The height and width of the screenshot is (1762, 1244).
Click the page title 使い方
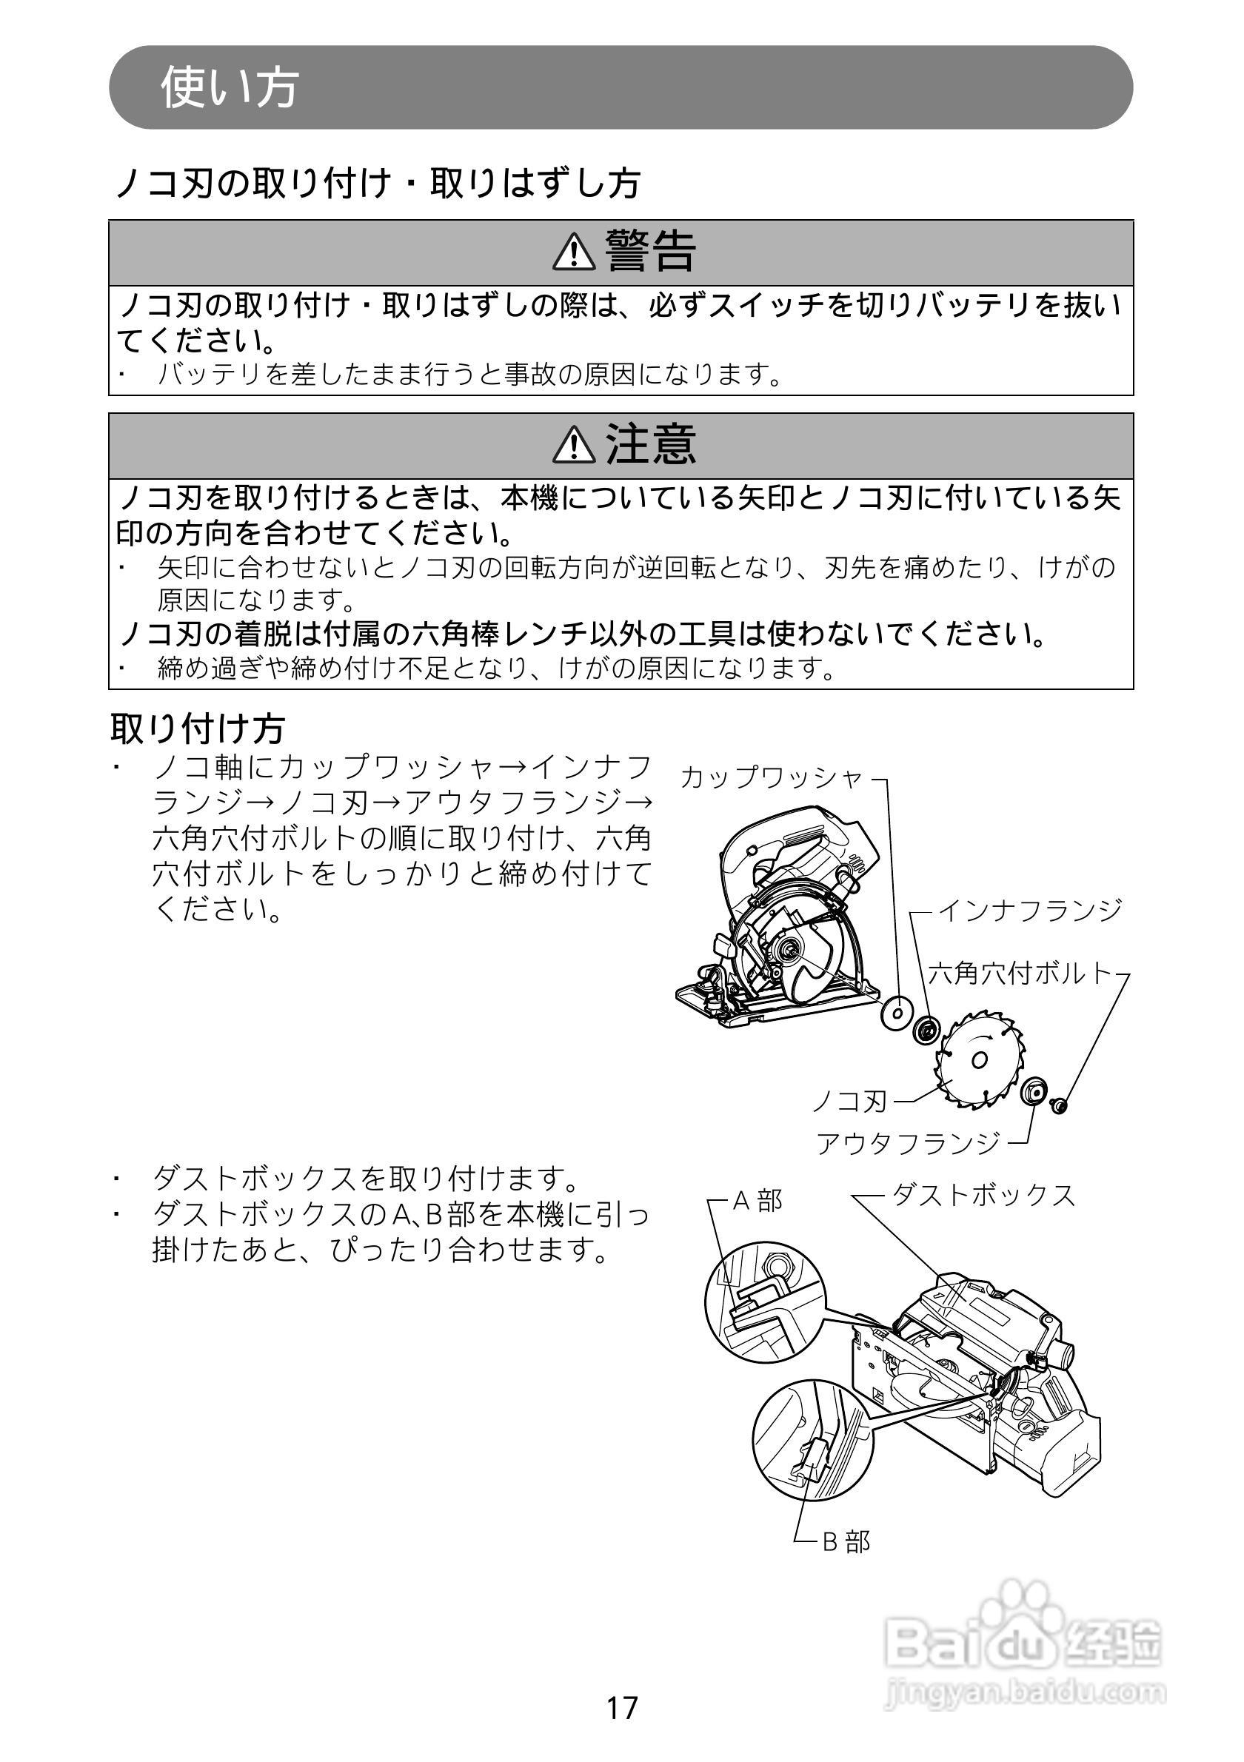[229, 87]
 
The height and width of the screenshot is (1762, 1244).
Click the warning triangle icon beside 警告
[573, 252]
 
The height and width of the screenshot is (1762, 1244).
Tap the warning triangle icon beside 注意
[573, 444]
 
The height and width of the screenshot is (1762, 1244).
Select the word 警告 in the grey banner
[651, 251]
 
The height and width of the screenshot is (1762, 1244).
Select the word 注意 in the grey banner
[651, 443]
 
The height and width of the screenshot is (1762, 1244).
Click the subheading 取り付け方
[197, 728]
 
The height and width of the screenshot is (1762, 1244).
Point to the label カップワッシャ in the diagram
[772, 777]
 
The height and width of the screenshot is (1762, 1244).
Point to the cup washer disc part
[894, 1014]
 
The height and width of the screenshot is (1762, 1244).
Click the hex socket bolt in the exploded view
[1060, 1106]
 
